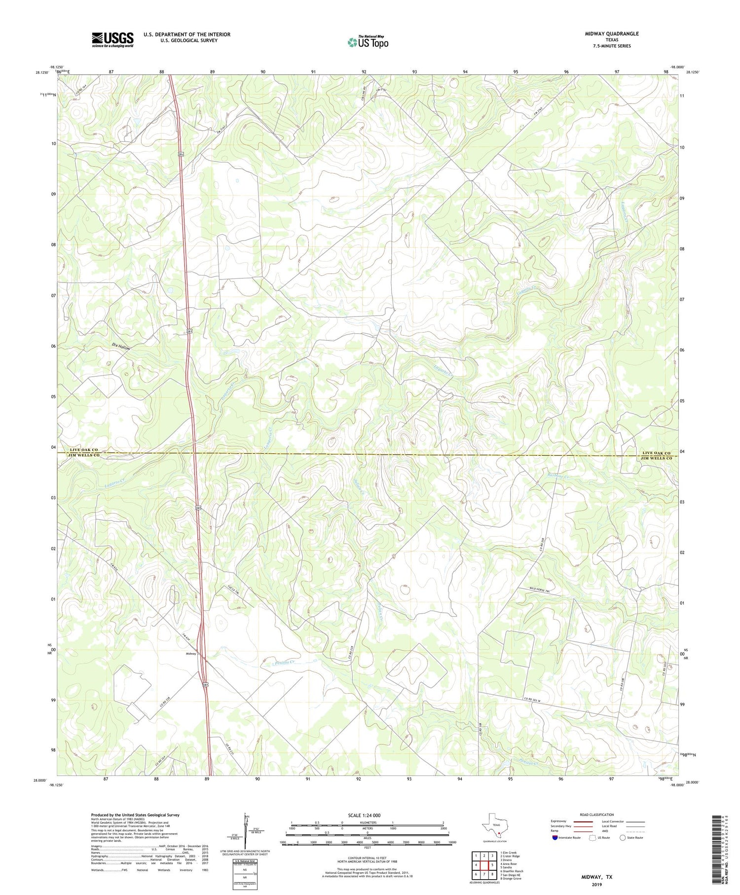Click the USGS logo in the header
coord(112,39)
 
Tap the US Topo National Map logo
coord(368,42)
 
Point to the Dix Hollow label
coord(121,347)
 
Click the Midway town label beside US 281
coord(191,654)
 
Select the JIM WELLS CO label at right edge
coord(656,459)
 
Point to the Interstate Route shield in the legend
coord(555,837)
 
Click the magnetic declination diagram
coord(245,831)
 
